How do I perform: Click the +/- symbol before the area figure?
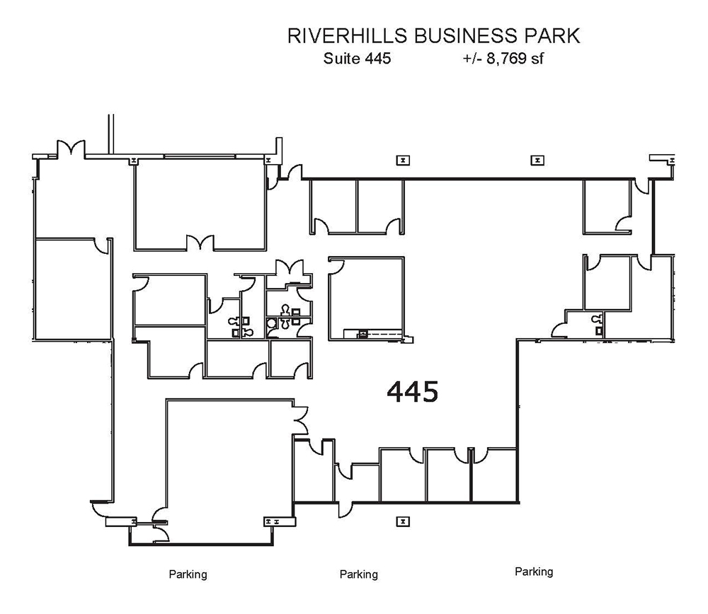pos(469,59)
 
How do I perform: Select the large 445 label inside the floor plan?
pos(413,391)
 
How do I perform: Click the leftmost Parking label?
pos(188,574)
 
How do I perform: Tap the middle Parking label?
pos(359,574)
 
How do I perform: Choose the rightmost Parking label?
pos(534,572)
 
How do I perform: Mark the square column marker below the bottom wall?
pos(402,521)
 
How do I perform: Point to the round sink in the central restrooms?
pos(272,323)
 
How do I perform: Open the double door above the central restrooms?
pos(290,269)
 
